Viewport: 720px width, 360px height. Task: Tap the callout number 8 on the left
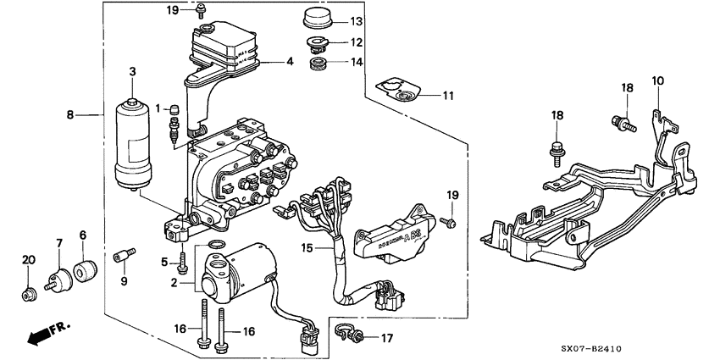[x=70, y=113]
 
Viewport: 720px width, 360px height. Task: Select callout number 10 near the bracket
[x=658, y=80]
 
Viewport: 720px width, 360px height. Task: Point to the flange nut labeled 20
[x=28, y=294]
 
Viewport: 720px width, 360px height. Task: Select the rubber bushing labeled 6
[x=84, y=272]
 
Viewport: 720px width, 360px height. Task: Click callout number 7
[x=59, y=245]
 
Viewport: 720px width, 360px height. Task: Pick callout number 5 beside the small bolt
[x=165, y=262]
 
